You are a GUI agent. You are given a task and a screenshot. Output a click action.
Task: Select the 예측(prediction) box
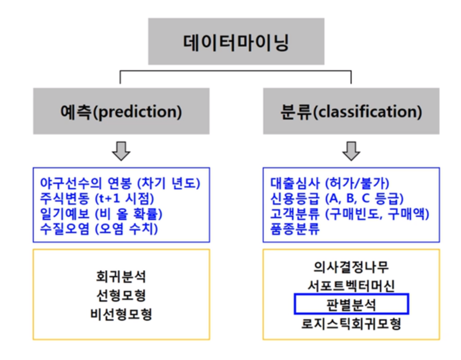tap(120, 112)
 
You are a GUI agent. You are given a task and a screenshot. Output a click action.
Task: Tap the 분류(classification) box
tap(351, 112)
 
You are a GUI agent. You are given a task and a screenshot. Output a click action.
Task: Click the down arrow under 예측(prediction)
tap(120, 150)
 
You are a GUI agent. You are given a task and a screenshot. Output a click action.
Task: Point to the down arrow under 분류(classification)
tap(351, 150)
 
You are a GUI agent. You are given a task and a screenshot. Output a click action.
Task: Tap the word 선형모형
tap(120, 296)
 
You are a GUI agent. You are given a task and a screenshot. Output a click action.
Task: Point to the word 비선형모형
tap(120, 314)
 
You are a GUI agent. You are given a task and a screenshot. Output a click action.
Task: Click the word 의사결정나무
tap(351, 268)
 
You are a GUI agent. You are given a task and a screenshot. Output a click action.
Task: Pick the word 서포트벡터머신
tap(351, 286)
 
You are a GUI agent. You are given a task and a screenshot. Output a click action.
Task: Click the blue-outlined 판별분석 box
tap(351, 304)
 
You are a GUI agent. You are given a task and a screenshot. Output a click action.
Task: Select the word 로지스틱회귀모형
tap(351, 323)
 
